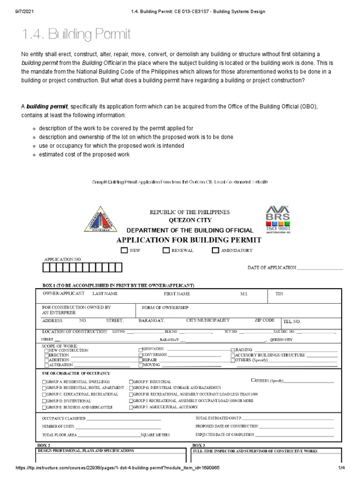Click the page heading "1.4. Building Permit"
click(x=76, y=34)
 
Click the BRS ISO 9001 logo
click(x=278, y=219)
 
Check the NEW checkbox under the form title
click(x=124, y=250)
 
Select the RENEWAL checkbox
click(x=166, y=250)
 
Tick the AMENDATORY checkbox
click(x=215, y=250)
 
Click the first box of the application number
click(x=47, y=268)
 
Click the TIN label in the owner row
click(x=279, y=294)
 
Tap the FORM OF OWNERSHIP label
click(x=165, y=307)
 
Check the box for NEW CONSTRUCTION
click(x=46, y=350)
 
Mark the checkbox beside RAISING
click(x=232, y=350)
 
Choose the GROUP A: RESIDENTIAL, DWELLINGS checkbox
click(x=44, y=382)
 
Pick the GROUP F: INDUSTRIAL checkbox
click(x=131, y=382)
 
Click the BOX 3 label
click(x=198, y=444)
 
